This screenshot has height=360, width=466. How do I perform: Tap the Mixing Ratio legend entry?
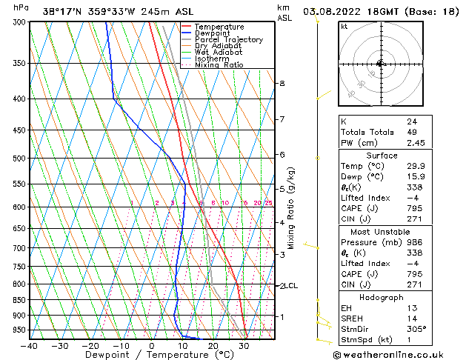pos(219,65)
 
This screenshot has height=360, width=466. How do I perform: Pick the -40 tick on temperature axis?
pos(29,346)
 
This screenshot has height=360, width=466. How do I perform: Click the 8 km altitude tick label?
pos(282,84)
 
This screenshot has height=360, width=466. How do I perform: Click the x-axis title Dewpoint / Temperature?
pos(151,356)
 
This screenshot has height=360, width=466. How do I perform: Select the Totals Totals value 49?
pos(411,132)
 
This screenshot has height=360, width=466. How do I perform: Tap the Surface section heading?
pos(382,156)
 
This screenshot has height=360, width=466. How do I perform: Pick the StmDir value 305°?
pos(416,329)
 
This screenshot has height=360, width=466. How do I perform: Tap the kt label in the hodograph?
pos(344,27)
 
